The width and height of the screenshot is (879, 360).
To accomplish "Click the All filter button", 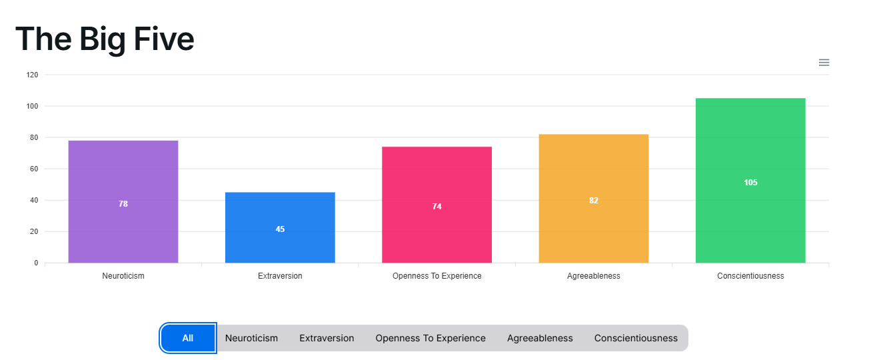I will tap(188, 338).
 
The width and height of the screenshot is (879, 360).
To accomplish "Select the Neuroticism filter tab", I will tap(251, 338).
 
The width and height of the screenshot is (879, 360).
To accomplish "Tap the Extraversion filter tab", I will tap(327, 338).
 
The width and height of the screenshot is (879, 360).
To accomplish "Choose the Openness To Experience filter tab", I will tap(431, 338).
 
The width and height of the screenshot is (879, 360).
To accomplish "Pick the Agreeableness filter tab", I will tap(540, 338).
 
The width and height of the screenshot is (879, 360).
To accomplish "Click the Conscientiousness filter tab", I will tap(636, 338).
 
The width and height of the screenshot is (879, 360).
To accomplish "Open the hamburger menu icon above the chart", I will tap(824, 63).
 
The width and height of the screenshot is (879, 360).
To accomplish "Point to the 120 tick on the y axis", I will tap(32, 75).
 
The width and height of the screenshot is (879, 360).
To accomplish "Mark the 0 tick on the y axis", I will tap(36, 263).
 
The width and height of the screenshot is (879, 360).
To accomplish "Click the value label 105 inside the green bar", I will tap(750, 183).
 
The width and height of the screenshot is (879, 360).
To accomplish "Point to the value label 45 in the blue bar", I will tap(280, 229).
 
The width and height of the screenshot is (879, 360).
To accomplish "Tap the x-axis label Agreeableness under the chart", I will tap(593, 276).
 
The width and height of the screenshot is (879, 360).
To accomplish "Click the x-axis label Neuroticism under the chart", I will tap(123, 276).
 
